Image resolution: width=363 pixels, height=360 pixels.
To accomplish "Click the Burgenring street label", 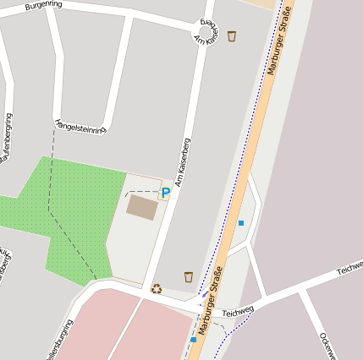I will pyautogui.click(x=44, y=6).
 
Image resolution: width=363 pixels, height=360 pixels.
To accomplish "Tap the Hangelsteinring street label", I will pyautogui.click(x=80, y=126).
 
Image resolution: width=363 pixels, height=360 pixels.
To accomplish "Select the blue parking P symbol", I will pyautogui.click(x=166, y=193).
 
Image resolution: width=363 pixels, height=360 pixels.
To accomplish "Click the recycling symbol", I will pyautogui.click(x=157, y=288).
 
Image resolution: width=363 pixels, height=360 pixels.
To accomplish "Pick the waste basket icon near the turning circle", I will pyautogui.click(x=232, y=35).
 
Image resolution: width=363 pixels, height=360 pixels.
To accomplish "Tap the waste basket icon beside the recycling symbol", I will pyautogui.click(x=188, y=276).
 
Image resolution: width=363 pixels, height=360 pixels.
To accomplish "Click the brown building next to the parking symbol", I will pyautogui.click(x=141, y=207).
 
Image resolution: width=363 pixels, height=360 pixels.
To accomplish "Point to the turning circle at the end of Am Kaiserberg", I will pyautogui.click(x=208, y=32).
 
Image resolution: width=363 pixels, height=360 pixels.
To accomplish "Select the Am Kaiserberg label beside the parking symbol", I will pyautogui.click(x=183, y=161).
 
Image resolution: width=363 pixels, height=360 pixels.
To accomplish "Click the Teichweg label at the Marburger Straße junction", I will pyautogui.click(x=238, y=312).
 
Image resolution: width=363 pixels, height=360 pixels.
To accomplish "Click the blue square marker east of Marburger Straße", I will pyautogui.click(x=241, y=223).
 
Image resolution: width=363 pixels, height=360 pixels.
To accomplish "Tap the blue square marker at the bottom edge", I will pyautogui.click(x=194, y=340).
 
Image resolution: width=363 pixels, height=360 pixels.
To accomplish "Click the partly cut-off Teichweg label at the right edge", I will pyautogui.click(x=349, y=269).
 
